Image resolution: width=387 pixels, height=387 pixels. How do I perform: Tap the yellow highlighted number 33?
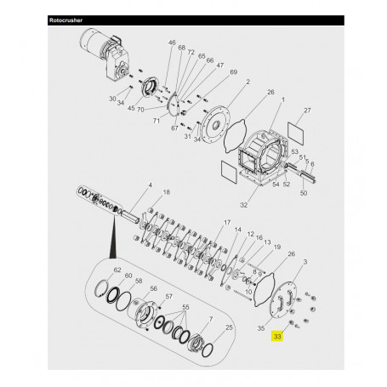pyautogui.click(x=276, y=337)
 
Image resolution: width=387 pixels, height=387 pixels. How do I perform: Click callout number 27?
pyautogui.click(x=307, y=111)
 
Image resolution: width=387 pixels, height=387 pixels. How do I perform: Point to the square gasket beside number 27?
pyautogui.click(x=297, y=132)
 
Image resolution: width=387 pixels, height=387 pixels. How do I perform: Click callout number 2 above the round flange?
pyautogui.click(x=247, y=82)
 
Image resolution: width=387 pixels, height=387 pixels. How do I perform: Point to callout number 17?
pyautogui.click(x=227, y=223)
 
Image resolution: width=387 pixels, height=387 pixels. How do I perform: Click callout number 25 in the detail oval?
pyautogui.click(x=229, y=327)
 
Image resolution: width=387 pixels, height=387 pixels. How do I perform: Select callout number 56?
pyautogui.click(x=154, y=289)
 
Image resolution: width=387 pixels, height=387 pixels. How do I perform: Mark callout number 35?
pyautogui.click(x=261, y=327)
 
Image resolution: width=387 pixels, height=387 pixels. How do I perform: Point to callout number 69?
pyautogui.click(x=233, y=74)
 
